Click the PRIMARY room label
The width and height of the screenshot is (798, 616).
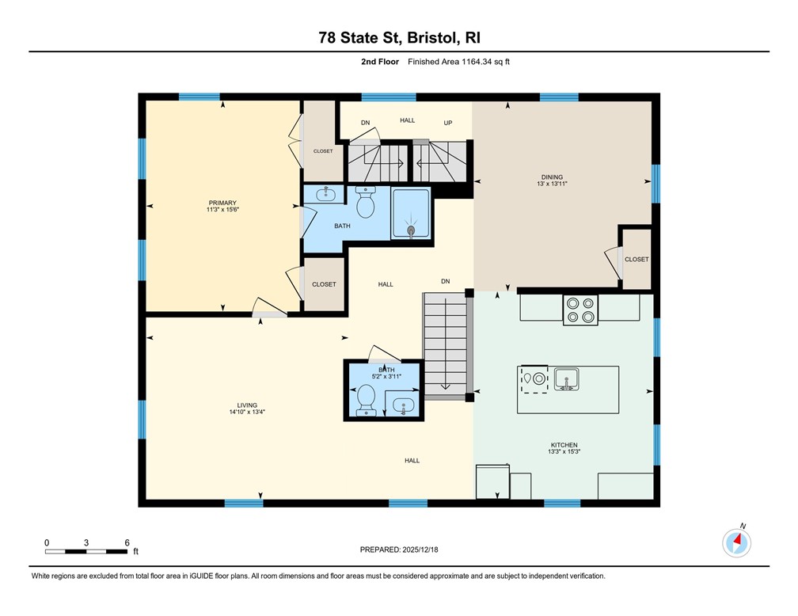point(222,203)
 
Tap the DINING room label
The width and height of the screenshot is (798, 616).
point(551,177)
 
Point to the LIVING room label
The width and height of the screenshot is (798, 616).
point(246,405)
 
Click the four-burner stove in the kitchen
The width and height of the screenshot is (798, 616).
point(579,309)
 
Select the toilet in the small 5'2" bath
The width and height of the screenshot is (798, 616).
point(367,399)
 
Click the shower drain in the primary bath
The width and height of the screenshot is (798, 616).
point(411,230)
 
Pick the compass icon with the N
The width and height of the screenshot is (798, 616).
point(737,542)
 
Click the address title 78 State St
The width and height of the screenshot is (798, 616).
point(398,37)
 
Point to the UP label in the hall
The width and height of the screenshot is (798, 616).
point(447,123)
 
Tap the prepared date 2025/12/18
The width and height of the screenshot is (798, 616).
point(398,549)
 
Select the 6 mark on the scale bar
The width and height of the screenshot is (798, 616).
point(127,542)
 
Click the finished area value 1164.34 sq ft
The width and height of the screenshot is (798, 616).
point(458,62)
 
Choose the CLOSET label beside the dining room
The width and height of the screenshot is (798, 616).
point(636,259)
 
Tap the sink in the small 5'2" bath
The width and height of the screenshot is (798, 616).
point(404,406)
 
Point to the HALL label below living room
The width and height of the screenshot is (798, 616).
point(412,460)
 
